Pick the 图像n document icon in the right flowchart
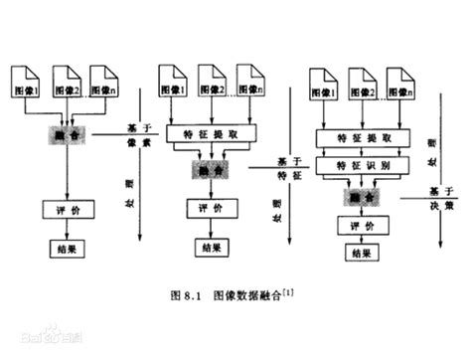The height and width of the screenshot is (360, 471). coord(401,87)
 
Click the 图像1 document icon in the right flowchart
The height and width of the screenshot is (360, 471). coord(324,87)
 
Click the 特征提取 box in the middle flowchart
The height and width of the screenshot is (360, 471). coord(211,133)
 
